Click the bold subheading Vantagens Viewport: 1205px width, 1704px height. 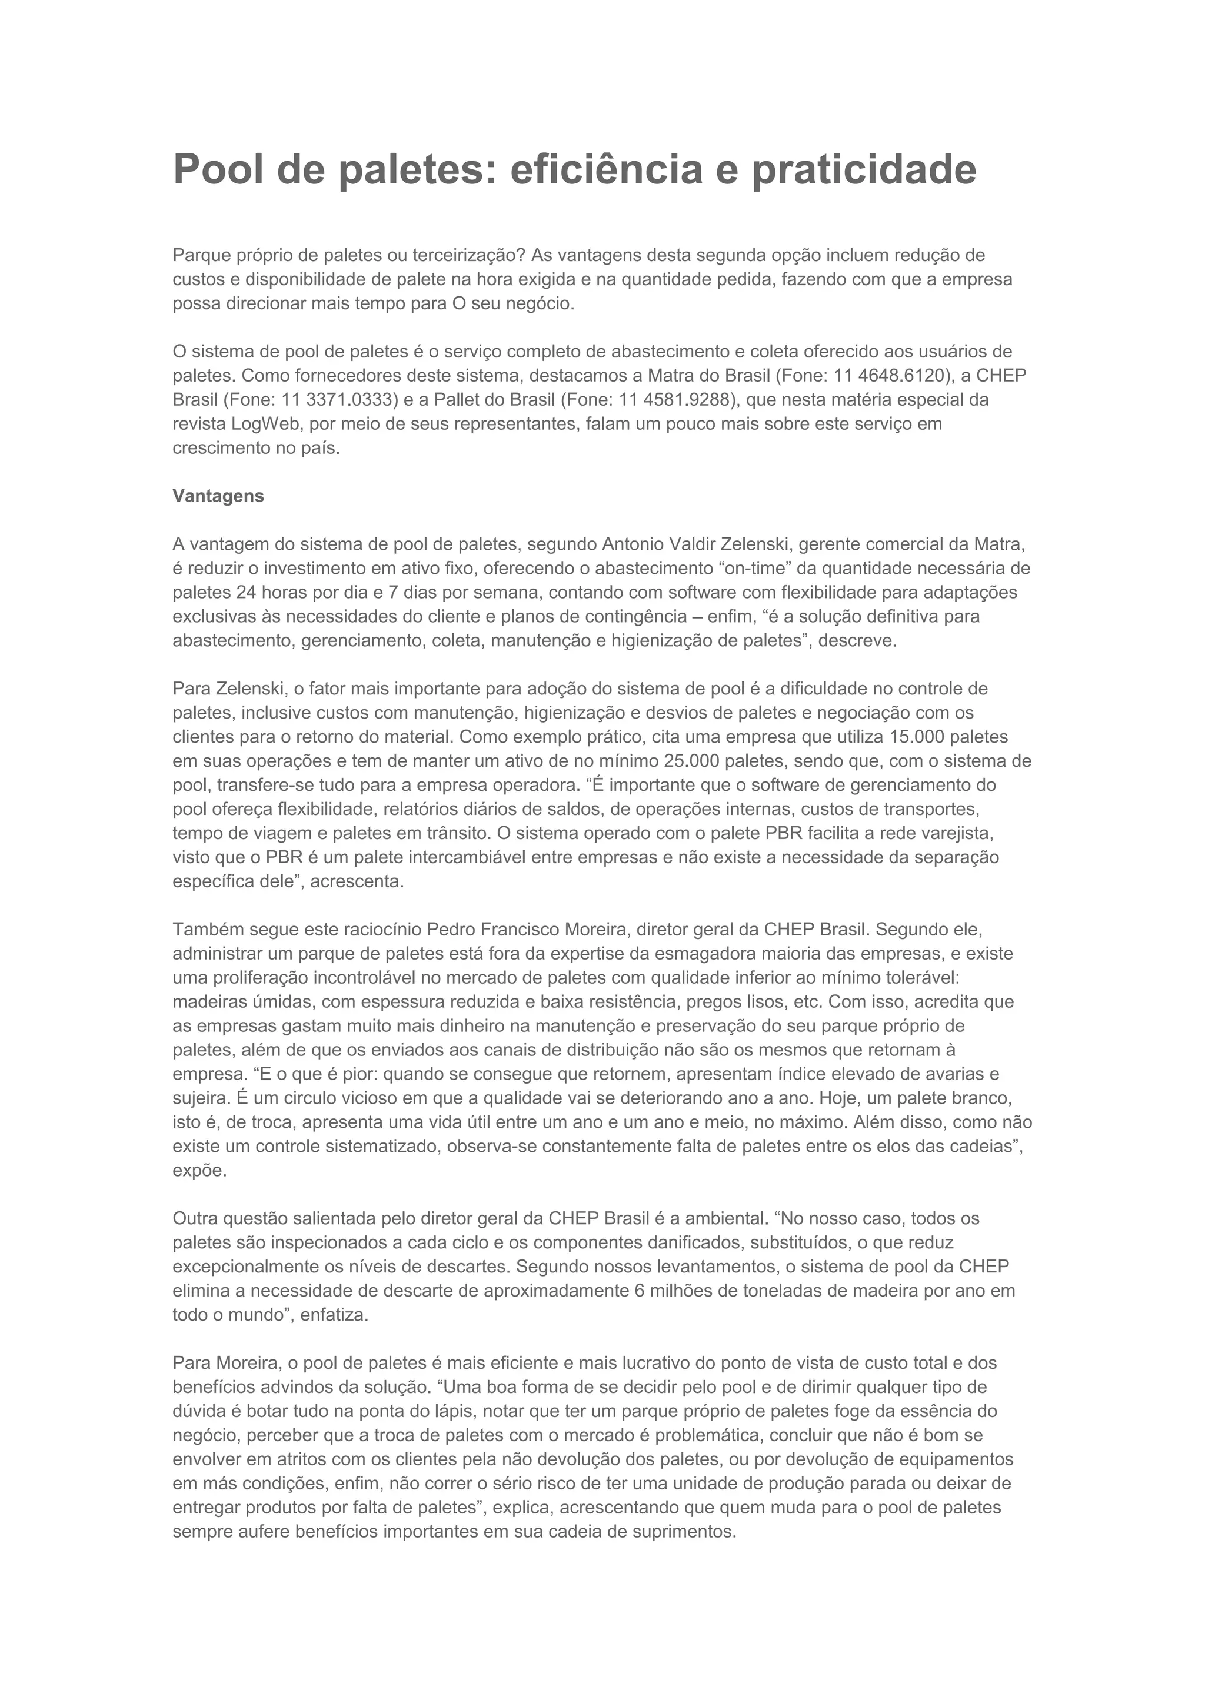click(x=218, y=496)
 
